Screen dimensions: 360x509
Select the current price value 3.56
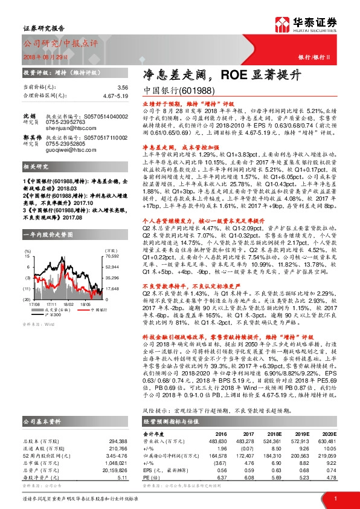click(x=123, y=88)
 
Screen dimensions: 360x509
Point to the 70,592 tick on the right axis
click(x=112, y=256)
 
